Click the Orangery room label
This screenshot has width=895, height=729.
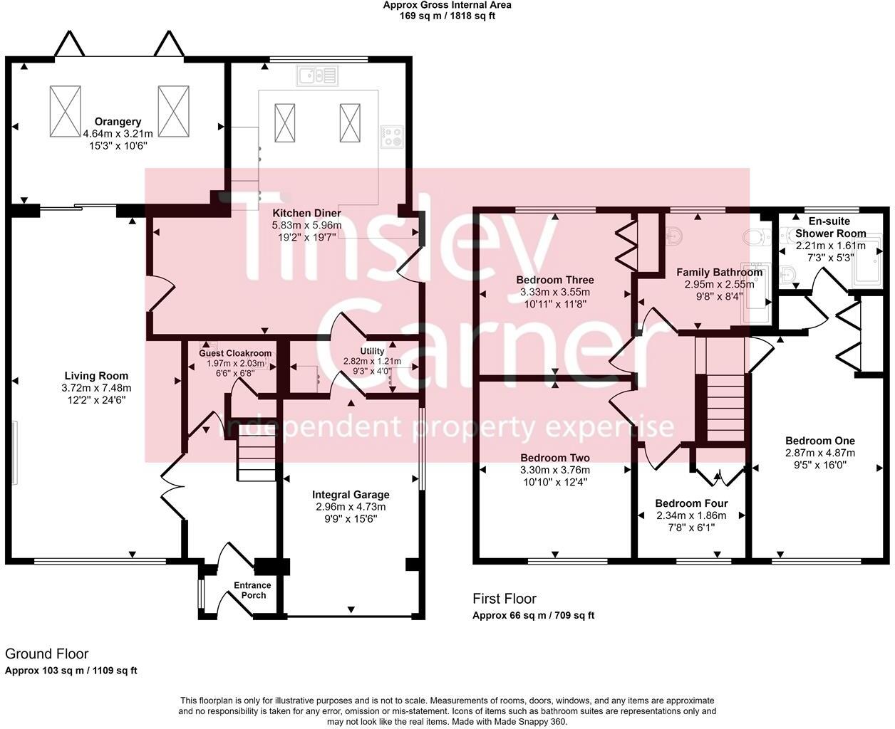click(x=118, y=122)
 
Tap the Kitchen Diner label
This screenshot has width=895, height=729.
click(x=306, y=213)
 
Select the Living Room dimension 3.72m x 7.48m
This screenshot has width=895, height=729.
click(x=96, y=388)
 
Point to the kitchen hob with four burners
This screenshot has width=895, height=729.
click(x=391, y=136)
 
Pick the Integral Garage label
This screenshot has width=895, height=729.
click(x=351, y=495)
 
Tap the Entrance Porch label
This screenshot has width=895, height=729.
click(x=252, y=590)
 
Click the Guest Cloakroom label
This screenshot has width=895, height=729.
click(x=234, y=353)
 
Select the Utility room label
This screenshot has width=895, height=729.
click(x=372, y=351)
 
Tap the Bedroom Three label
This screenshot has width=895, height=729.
click(x=554, y=280)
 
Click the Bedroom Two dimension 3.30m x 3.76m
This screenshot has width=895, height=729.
click(x=554, y=470)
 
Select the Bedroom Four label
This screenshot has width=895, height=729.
click(x=690, y=503)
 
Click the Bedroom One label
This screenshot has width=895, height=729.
click(x=819, y=441)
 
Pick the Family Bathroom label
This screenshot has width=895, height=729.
click(x=718, y=272)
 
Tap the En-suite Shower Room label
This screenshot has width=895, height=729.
click(x=830, y=227)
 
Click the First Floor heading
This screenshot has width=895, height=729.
click(x=505, y=599)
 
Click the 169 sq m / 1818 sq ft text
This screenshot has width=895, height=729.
click(x=447, y=15)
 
